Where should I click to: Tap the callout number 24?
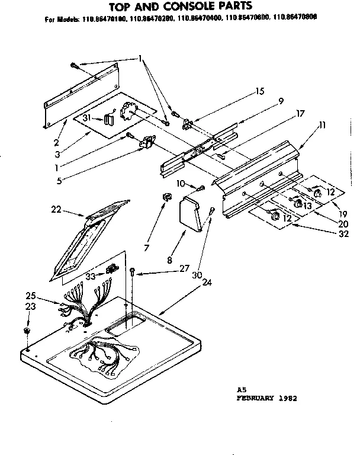207,282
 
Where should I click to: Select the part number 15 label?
259,91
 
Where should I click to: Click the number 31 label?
86,118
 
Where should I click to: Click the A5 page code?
240,390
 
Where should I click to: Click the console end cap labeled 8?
191,213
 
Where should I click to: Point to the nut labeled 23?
28,329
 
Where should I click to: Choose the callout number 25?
31,296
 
